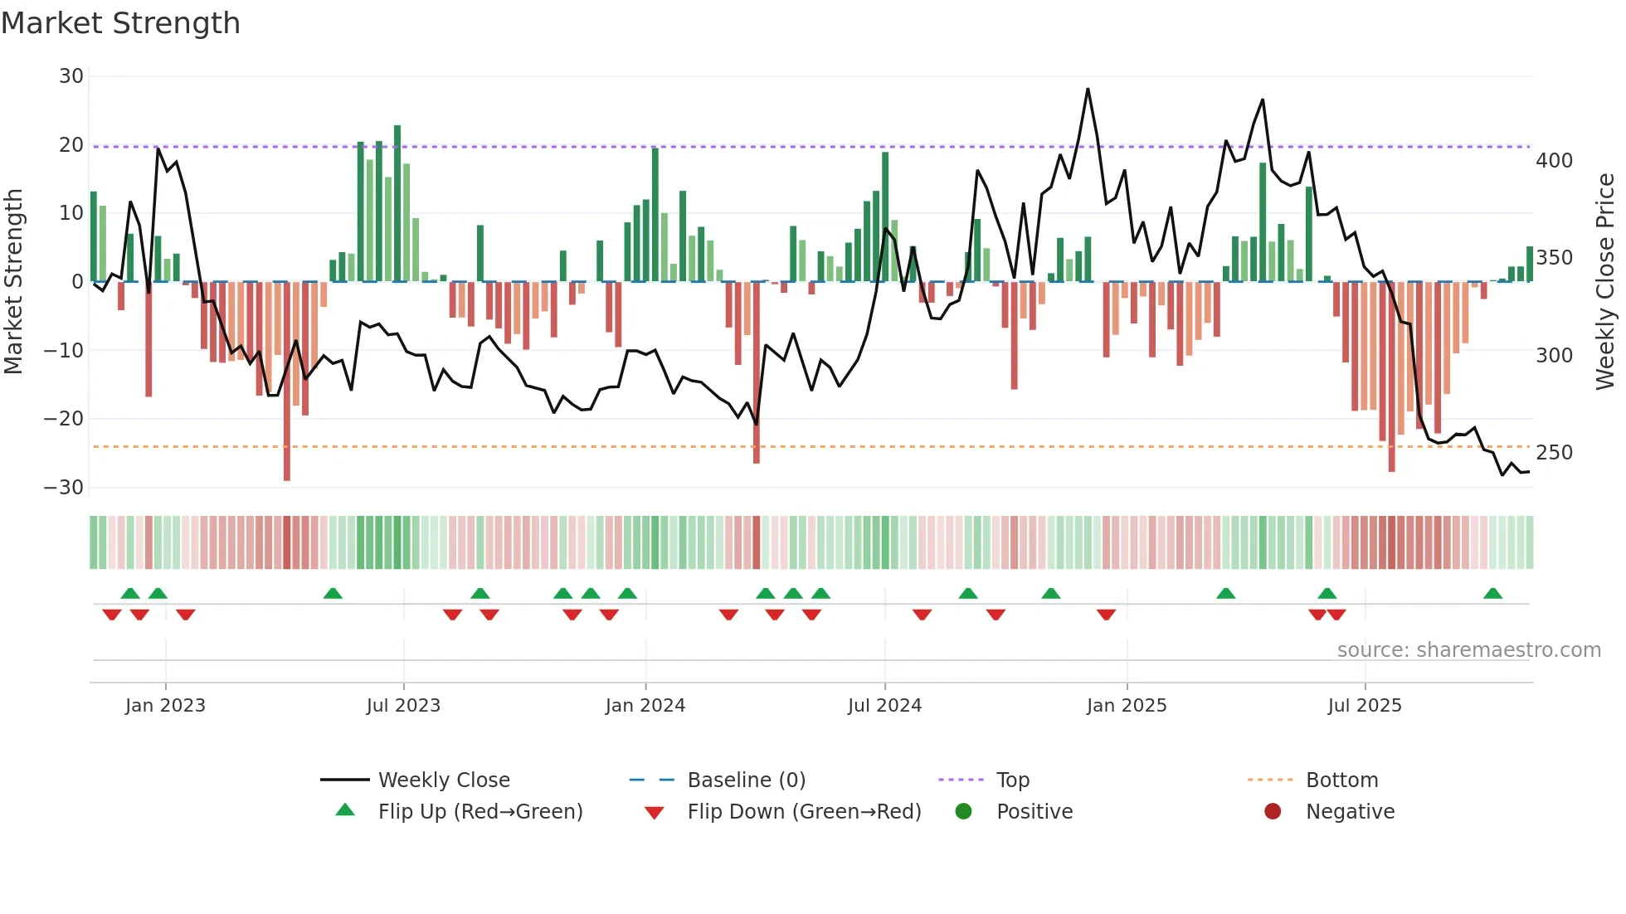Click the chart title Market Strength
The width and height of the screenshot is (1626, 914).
coord(120,23)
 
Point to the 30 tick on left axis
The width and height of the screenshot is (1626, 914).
coord(71,76)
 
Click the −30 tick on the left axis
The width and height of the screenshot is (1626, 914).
coord(64,488)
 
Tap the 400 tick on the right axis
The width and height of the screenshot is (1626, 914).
coord(1554,161)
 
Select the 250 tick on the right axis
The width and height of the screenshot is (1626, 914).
coord(1554,453)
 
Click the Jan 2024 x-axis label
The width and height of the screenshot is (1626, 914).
coord(645,706)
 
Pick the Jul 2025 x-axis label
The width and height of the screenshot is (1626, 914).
coord(1365,706)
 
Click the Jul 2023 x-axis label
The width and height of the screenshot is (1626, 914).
coord(403,706)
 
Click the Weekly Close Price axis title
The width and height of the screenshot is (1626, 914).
coord(1605,282)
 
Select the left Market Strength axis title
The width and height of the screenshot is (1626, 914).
coord(13,282)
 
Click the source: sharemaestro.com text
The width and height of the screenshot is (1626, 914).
coord(1468,650)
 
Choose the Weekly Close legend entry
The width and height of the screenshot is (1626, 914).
coord(444,780)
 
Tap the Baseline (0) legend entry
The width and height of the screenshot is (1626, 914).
coord(746,780)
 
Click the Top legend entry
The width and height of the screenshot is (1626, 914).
coord(1012,780)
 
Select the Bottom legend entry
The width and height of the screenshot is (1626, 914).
coord(1341,780)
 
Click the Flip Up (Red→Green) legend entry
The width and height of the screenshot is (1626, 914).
coord(480,812)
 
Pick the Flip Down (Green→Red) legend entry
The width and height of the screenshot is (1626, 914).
coord(804,812)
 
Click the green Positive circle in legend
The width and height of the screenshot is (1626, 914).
coord(963,811)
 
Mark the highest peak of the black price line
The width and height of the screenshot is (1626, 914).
coord(1088,89)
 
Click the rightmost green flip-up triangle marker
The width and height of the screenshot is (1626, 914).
coord(1492,593)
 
